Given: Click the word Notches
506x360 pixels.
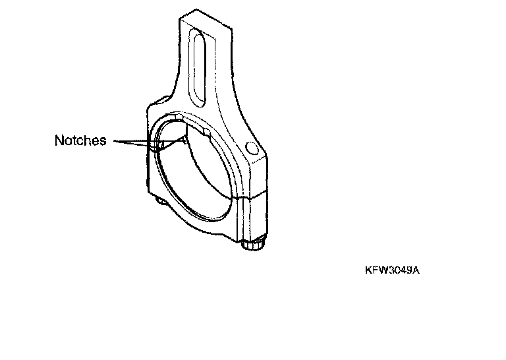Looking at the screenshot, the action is pos(80,140).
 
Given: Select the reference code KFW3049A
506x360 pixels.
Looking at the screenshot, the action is pos(391,270).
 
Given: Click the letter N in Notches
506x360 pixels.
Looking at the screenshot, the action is pos(59,140).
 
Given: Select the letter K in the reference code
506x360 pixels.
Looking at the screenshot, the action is pos(368,270).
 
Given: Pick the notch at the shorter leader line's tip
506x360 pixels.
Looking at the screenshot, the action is pos(158,143).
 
